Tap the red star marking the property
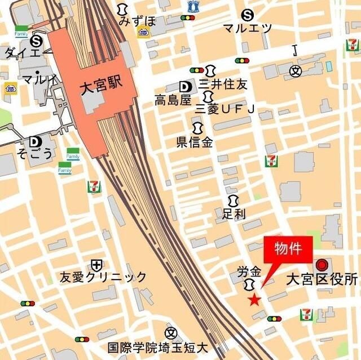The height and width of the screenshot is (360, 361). tap(254, 300)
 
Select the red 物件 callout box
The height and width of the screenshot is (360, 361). tap(288, 248)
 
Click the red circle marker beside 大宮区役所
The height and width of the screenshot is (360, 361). tap(322, 264)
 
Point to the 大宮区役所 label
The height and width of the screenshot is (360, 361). tap(322, 279)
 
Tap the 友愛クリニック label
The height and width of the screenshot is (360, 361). tap(103, 277)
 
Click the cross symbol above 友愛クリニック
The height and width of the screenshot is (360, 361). tap(96, 264)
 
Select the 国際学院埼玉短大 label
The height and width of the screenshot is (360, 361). tap(158, 348)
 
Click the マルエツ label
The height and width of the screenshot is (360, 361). tap(247, 28)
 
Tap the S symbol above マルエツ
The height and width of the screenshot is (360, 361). tap(246, 15)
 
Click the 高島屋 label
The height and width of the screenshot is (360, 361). tap(173, 100)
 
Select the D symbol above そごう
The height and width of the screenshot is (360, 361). tap(36, 141)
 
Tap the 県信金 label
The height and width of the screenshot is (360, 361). tap(195, 142)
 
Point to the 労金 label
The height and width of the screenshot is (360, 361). tap(249, 271)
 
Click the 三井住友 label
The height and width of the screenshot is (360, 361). tap(223, 85)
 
